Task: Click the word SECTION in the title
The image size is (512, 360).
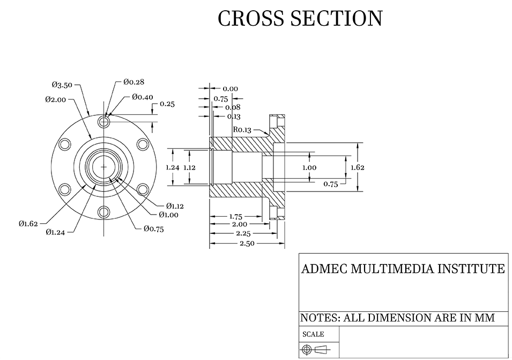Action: tap(336, 18)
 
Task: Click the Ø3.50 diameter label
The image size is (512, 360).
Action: tap(62, 85)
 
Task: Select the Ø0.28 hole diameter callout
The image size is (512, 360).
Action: tap(133, 82)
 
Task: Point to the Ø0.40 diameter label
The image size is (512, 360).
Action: tap(142, 97)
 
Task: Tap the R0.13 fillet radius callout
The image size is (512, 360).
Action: tap(242, 129)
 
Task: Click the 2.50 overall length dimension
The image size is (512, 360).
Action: tap(247, 243)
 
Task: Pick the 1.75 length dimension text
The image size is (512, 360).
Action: tap(235, 217)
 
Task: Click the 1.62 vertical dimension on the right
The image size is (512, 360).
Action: tap(358, 167)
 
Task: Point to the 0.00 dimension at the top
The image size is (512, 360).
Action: tap(230, 89)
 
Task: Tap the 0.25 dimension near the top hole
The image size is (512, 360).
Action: tap(167, 104)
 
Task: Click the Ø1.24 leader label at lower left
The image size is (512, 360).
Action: tap(55, 232)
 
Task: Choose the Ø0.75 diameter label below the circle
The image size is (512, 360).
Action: tap(153, 229)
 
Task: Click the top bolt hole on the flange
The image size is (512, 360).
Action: tap(103, 122)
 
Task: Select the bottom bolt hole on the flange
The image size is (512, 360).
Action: tap(103, 212)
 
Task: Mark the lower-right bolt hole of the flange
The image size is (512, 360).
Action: tap(142, 189)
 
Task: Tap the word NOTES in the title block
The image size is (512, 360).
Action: tap(320, 318)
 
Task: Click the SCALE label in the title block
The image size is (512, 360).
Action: tap(313, 334)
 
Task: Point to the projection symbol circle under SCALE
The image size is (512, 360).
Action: tap(307, 350)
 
